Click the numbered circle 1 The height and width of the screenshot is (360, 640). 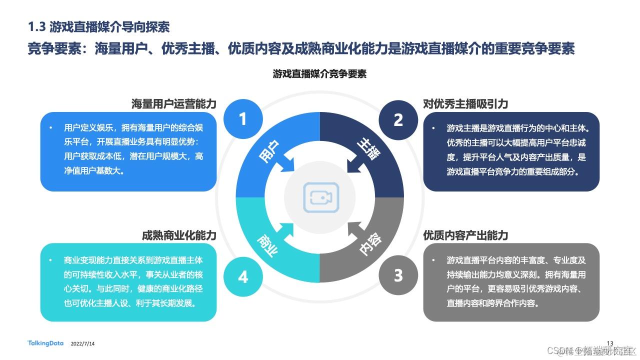243,119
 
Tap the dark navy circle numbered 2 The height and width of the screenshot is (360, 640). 398,119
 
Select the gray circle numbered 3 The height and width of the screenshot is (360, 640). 398,275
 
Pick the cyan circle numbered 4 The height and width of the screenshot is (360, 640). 243,276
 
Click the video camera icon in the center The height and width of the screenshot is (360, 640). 320,197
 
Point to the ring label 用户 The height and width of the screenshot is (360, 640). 269,150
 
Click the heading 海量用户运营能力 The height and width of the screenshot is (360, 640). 173,104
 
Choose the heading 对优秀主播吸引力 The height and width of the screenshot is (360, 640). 465,104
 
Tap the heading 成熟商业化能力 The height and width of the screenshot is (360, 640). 179,235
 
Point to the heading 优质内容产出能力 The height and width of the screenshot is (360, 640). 465,235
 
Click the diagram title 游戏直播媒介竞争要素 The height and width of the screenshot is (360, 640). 319,74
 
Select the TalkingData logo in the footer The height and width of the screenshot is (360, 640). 45,343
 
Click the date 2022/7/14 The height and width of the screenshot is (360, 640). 83,344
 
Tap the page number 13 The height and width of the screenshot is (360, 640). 609,342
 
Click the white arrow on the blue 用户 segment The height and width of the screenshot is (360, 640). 287,164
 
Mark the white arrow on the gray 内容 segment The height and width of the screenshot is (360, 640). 353,230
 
